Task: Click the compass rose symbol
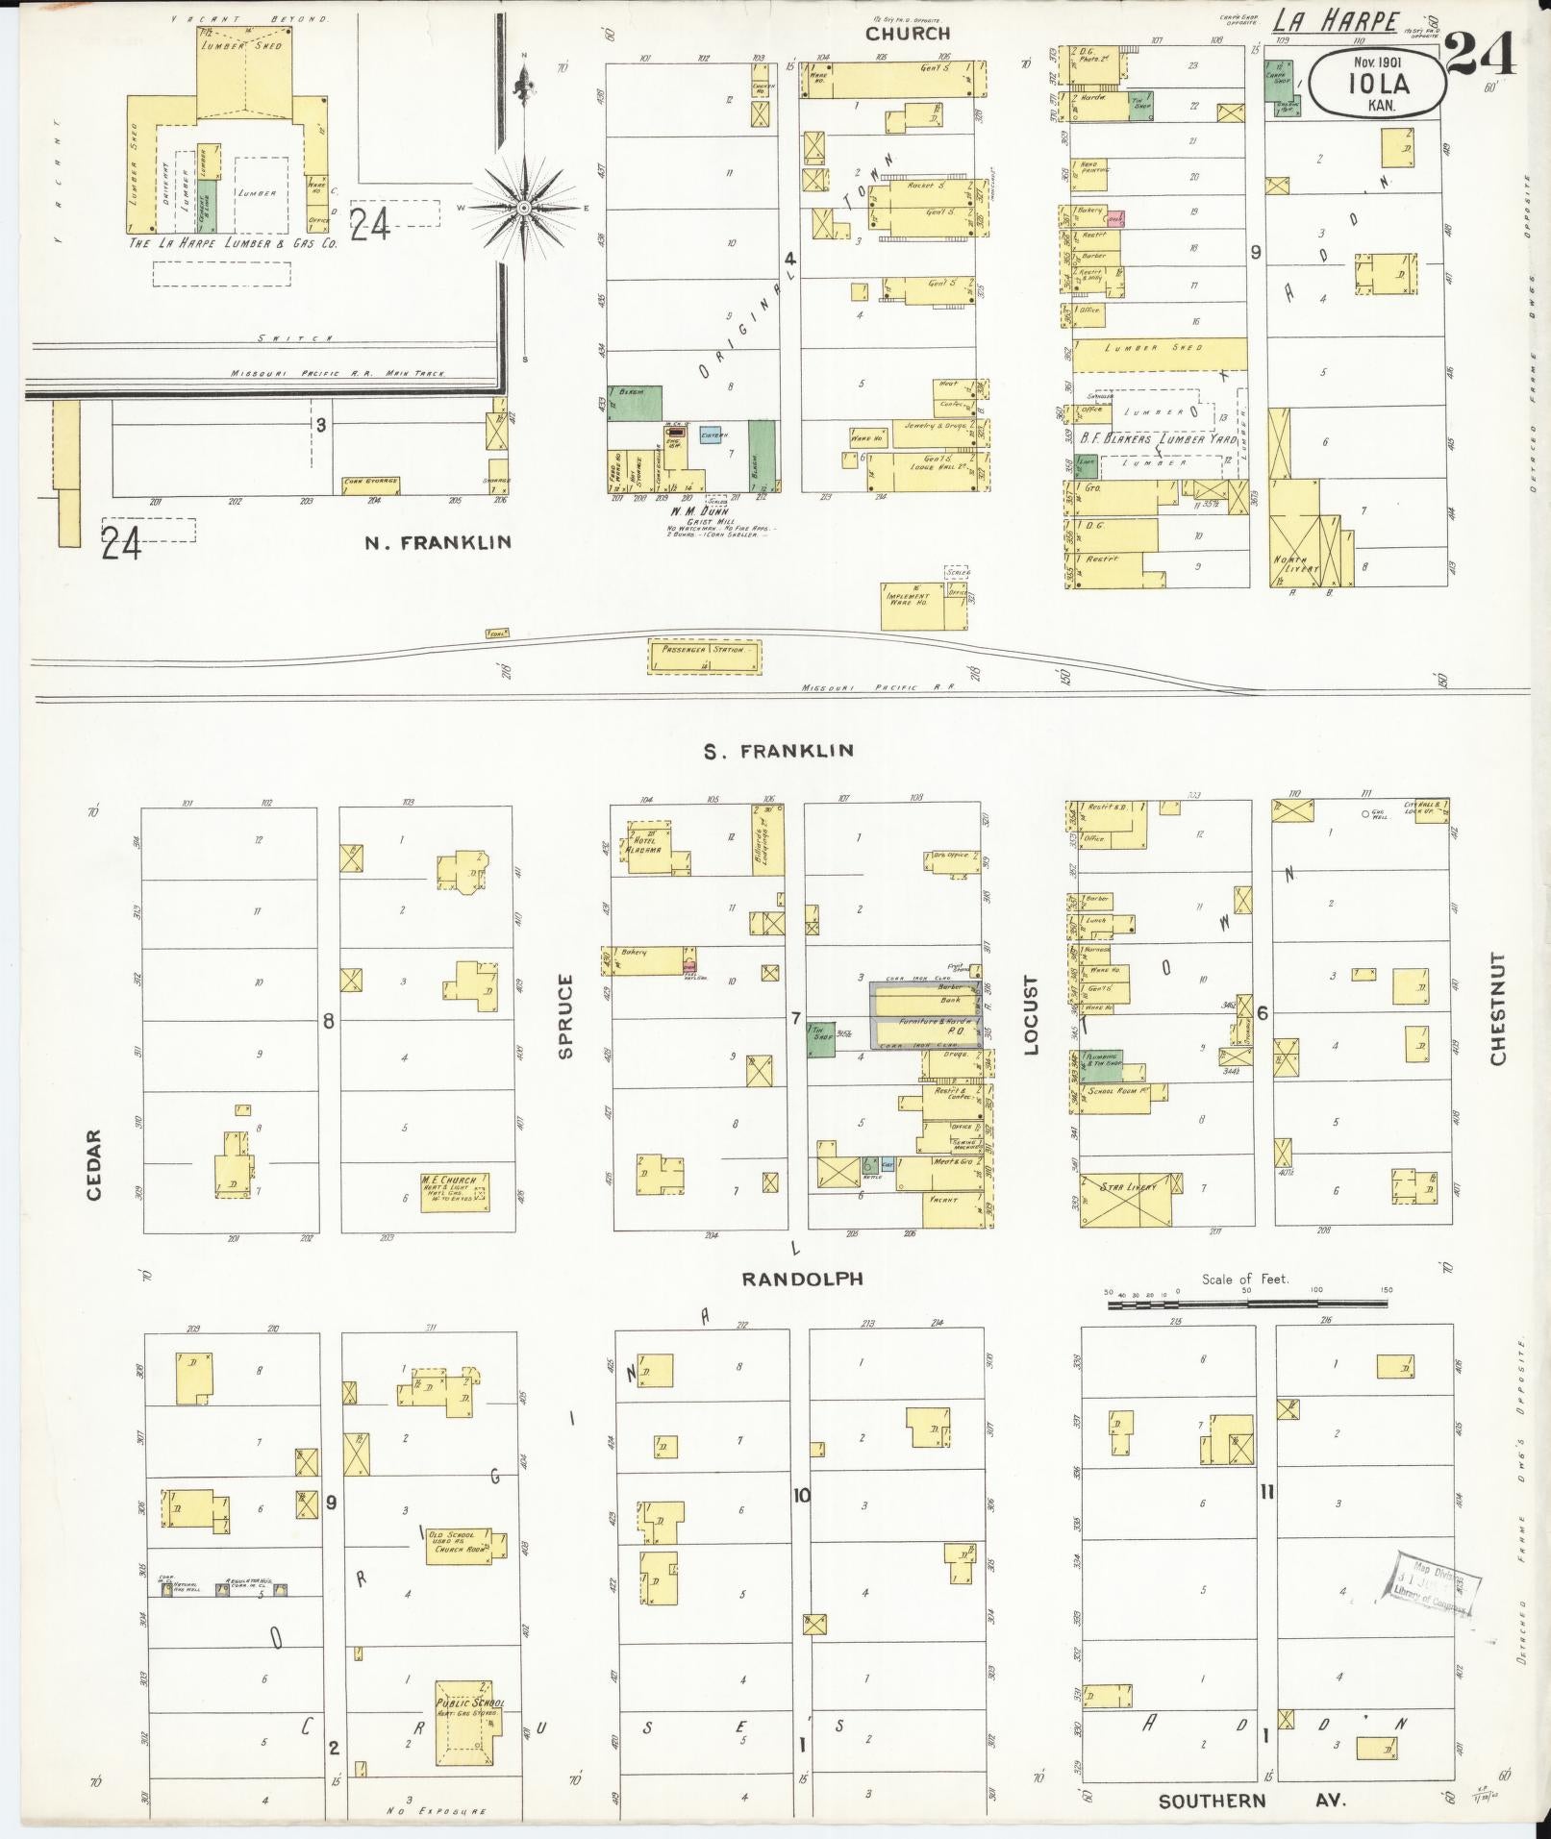click(524, 207)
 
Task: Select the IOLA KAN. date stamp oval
click(1378, 83)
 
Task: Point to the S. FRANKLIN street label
click(779, 751)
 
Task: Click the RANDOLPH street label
click(802, 1279)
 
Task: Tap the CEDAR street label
click(94, 1164)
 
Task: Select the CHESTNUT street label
click(1497, 1009)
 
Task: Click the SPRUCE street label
click(565, 1017)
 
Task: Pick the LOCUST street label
click(1032, 1016)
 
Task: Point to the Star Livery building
click(1129, 1199)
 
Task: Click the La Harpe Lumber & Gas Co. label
click(234, 244)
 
